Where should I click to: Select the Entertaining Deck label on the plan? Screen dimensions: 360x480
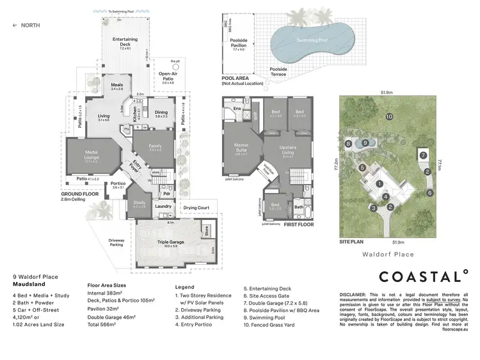click(125, 42)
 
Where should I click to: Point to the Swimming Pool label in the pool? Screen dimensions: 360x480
click(313, 40)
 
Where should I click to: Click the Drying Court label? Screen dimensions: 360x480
click(196, 208)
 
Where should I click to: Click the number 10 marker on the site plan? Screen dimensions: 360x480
click(388, 116)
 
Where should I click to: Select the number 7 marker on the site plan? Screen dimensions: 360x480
click(422, 155)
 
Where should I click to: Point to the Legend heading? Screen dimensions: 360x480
click(184, 288)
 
